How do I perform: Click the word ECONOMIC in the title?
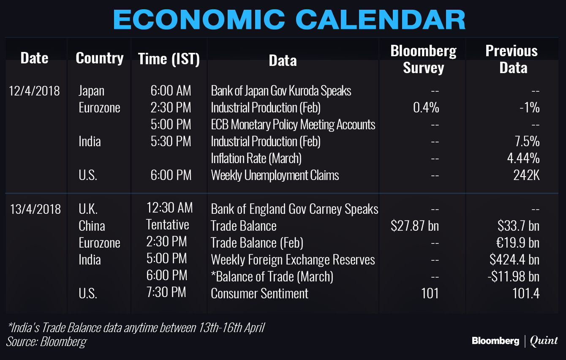pyautogui.click(x=199, y=19)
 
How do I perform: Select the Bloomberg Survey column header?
pyautogui.click(x=424, y=59)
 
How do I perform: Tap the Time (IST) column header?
pyautogui.click(x=169, y=59)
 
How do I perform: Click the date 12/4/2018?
pyautogui.click(x=34, y=91)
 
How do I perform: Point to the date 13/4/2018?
pyautogui.click(x=35, y=209)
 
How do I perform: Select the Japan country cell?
pyautogui.click(x=91, y=91)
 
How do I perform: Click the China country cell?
pyautogui.click(x=92, y=226)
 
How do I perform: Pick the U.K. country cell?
pyautogui.click(x=88, y=209)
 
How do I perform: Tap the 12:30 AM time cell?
pyautogui.click(x=169, y=207)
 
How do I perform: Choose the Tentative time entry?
pyautogui.click(x=168, y=224)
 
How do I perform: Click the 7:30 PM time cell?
pyautogui.click(x=166, y=292)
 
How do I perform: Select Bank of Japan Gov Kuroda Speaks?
pyautogui.click(x=281, y=91)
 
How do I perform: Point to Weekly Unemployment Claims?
pyautogui.click(x=275, y=175)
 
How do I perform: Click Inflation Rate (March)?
pyautogui.click(x=256, y=158)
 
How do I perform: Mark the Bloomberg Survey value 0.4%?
pyautogui.click(x=426, y=108)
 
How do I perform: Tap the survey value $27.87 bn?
pyautogui.click(x=415, y=226)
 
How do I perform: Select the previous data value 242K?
pyautogui.click(x=526, y=175)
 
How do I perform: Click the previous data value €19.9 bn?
pyautogui.click(x=518, y=243)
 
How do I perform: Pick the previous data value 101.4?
pyautogui.click(x=526, y=293)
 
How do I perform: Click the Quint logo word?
pyautogui.click(x=544, y=341)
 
